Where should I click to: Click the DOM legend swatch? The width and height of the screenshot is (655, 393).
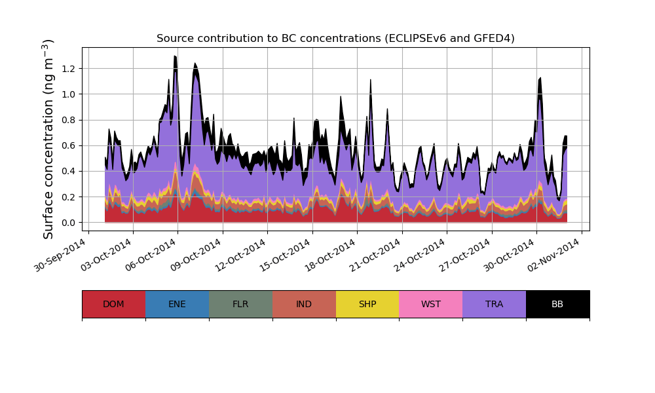pos(113,304)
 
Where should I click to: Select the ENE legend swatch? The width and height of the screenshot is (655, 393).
pos(177,304)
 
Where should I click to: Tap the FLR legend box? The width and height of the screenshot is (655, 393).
pos(240,304)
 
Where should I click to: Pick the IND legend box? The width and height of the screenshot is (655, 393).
pos(304,304)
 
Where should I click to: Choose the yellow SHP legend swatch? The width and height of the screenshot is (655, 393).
pos(367,304)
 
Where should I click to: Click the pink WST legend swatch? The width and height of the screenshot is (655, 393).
pos(431,304)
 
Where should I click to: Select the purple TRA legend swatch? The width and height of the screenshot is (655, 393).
pos(495,304)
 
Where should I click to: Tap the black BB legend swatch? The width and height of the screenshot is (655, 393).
pos(557,304)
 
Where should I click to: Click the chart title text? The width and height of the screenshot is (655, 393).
pos(335,39)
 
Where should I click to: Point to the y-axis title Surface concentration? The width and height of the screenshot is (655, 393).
pos(48,139)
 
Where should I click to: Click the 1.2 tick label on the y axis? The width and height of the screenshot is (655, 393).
pos(67,69)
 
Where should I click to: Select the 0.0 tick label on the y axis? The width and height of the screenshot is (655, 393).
pos(67,223)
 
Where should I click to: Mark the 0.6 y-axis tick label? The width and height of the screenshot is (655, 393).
pos(67,145)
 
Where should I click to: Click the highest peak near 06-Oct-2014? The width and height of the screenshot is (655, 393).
pos(175,56)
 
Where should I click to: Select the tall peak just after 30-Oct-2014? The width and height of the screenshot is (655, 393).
pos(540,78)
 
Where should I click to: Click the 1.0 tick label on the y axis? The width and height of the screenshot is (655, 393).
pos(67,94)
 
